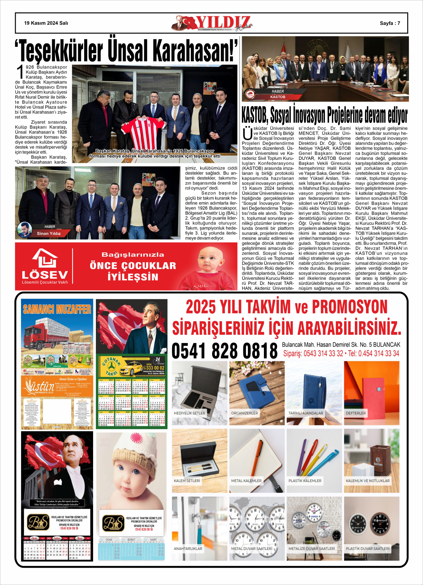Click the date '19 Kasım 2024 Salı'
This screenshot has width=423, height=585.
pyautogui.click(x=46, y=23)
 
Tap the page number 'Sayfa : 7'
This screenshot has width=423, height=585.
pyautogui.click(x=390, y=23)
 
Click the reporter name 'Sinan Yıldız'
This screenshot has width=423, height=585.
pyautogui.click(x=49, y=233)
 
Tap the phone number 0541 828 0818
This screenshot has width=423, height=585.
pyautogui.click(x=224, y=351)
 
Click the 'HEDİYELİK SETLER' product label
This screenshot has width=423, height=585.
pyautogui.click(x=189, y=413)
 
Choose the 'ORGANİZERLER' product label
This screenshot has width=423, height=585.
pyautogui.click(x=244, y=413)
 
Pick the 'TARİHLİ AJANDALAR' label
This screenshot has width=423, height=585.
pyautogui.click(x=306, y=413)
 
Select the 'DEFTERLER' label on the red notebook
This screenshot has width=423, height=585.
pyautogui.click(x=355, y=413)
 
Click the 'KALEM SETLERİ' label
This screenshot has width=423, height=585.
pyautogui.click(x=187, y=481)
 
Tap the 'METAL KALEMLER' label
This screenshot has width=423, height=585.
pyautogui.click(x=246, y=481)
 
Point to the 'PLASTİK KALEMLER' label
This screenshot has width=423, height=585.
pyautogui.click(x=305, y=481)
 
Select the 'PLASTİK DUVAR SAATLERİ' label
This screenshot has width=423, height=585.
pyautogui.click(x=368, y=549)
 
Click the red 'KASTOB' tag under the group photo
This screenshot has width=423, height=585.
pyautogui.click(x=277, y=97)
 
